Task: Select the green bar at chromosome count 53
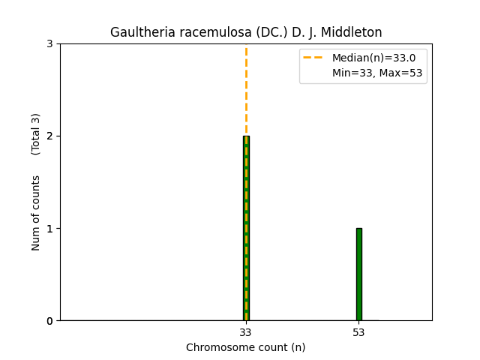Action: (358, 274)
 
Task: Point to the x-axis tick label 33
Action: (245, 332)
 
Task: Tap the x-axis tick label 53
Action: (358, 332)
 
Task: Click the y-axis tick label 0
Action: (49, 321)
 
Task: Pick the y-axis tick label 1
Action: (49, 229)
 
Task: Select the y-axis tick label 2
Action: (49, 136)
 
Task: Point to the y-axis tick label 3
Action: (49, 44)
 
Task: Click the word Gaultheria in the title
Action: (139, 33)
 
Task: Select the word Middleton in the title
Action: (352, 33)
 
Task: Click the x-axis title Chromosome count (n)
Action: (245, 347)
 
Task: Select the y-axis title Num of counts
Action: (36, 212)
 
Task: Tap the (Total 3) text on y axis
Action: (36, 134)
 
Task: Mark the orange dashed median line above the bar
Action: (246, 90)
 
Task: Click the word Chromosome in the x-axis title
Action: (215, 347)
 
